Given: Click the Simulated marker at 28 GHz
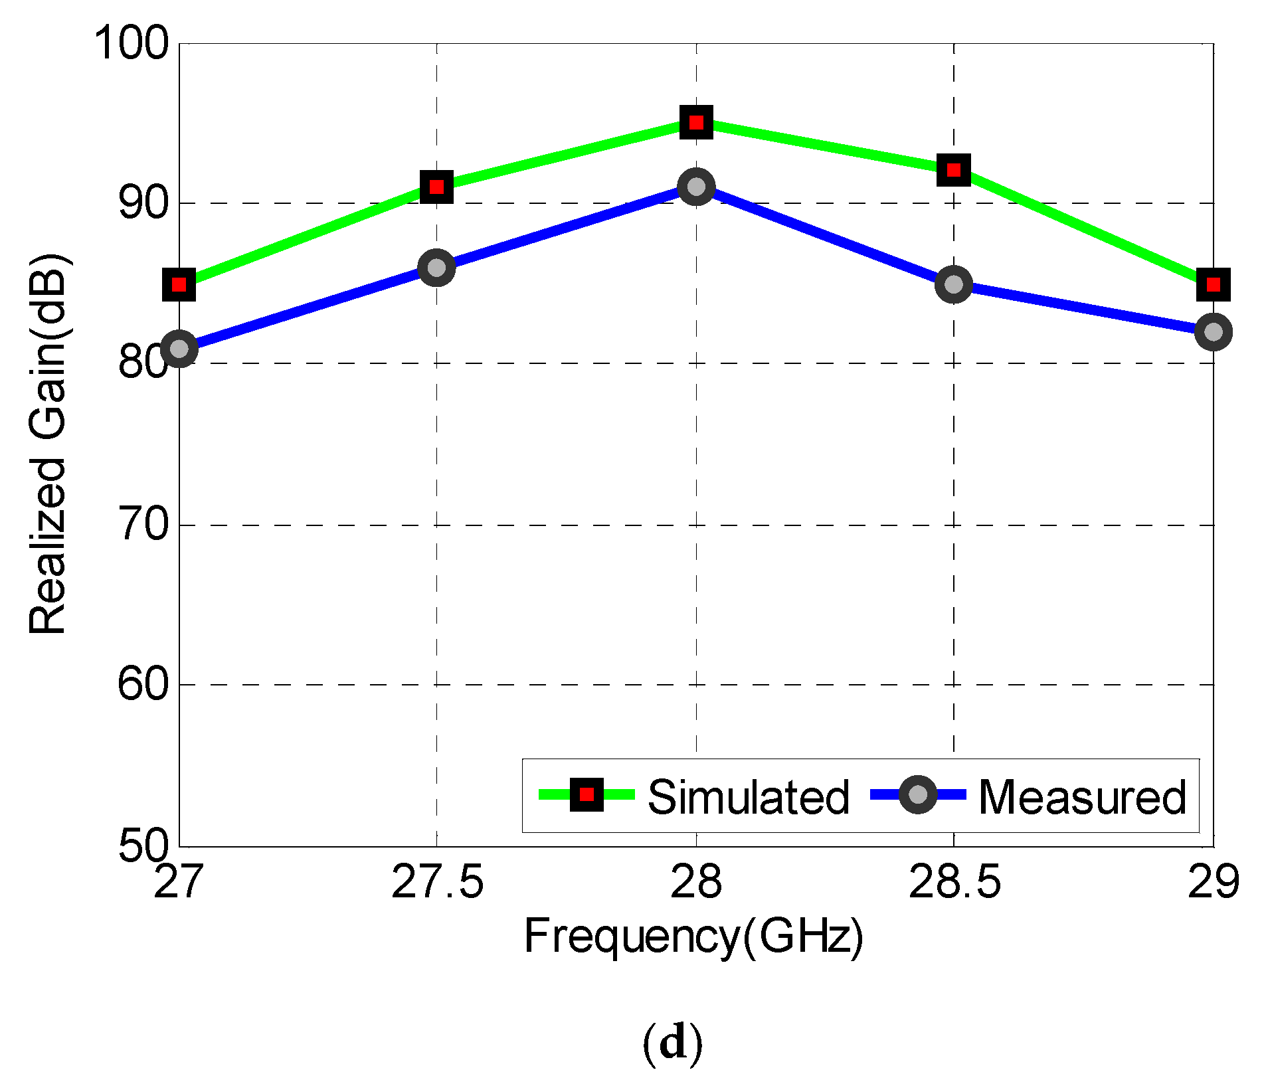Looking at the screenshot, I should tap(696, 122).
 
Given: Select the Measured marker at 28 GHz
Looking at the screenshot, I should tap(696, 187).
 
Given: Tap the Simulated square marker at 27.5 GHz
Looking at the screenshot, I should tap(436, 187).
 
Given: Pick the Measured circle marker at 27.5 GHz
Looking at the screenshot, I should tap(436, 268).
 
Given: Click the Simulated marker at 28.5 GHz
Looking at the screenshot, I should tap(953, 170).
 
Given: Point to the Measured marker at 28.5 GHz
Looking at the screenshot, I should tap(953, 284).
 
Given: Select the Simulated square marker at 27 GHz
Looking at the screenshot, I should tap(179, 284).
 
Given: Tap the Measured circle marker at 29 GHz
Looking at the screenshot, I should tap(1213, 331).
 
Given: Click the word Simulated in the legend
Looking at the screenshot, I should tap(748, 796).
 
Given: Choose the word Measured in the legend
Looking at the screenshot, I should tap(1082, 796).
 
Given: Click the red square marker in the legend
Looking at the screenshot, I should tap(587, 794).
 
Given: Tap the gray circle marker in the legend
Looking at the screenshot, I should tap(917, 794).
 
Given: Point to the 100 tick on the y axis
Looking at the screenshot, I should tap(132, 43).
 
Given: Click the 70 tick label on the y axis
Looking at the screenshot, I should tap(143, 524).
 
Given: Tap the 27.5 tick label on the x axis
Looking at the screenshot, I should tap(437, 883).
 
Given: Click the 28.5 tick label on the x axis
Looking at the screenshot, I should tap(954, 883).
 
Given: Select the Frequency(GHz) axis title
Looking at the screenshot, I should tap(693, 937).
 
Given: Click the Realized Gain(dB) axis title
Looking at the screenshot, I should tap(48, 444).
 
